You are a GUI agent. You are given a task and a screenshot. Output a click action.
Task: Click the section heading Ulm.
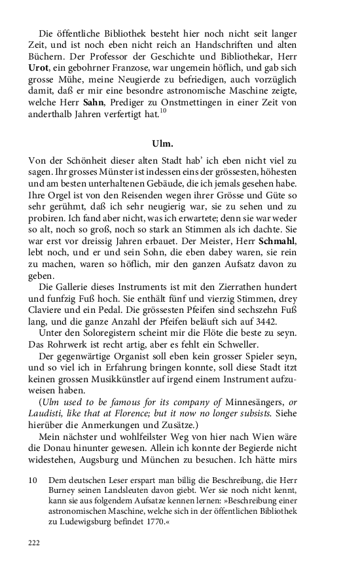click(180, 142)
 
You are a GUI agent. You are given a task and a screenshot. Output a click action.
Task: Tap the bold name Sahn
click(94, 101)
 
